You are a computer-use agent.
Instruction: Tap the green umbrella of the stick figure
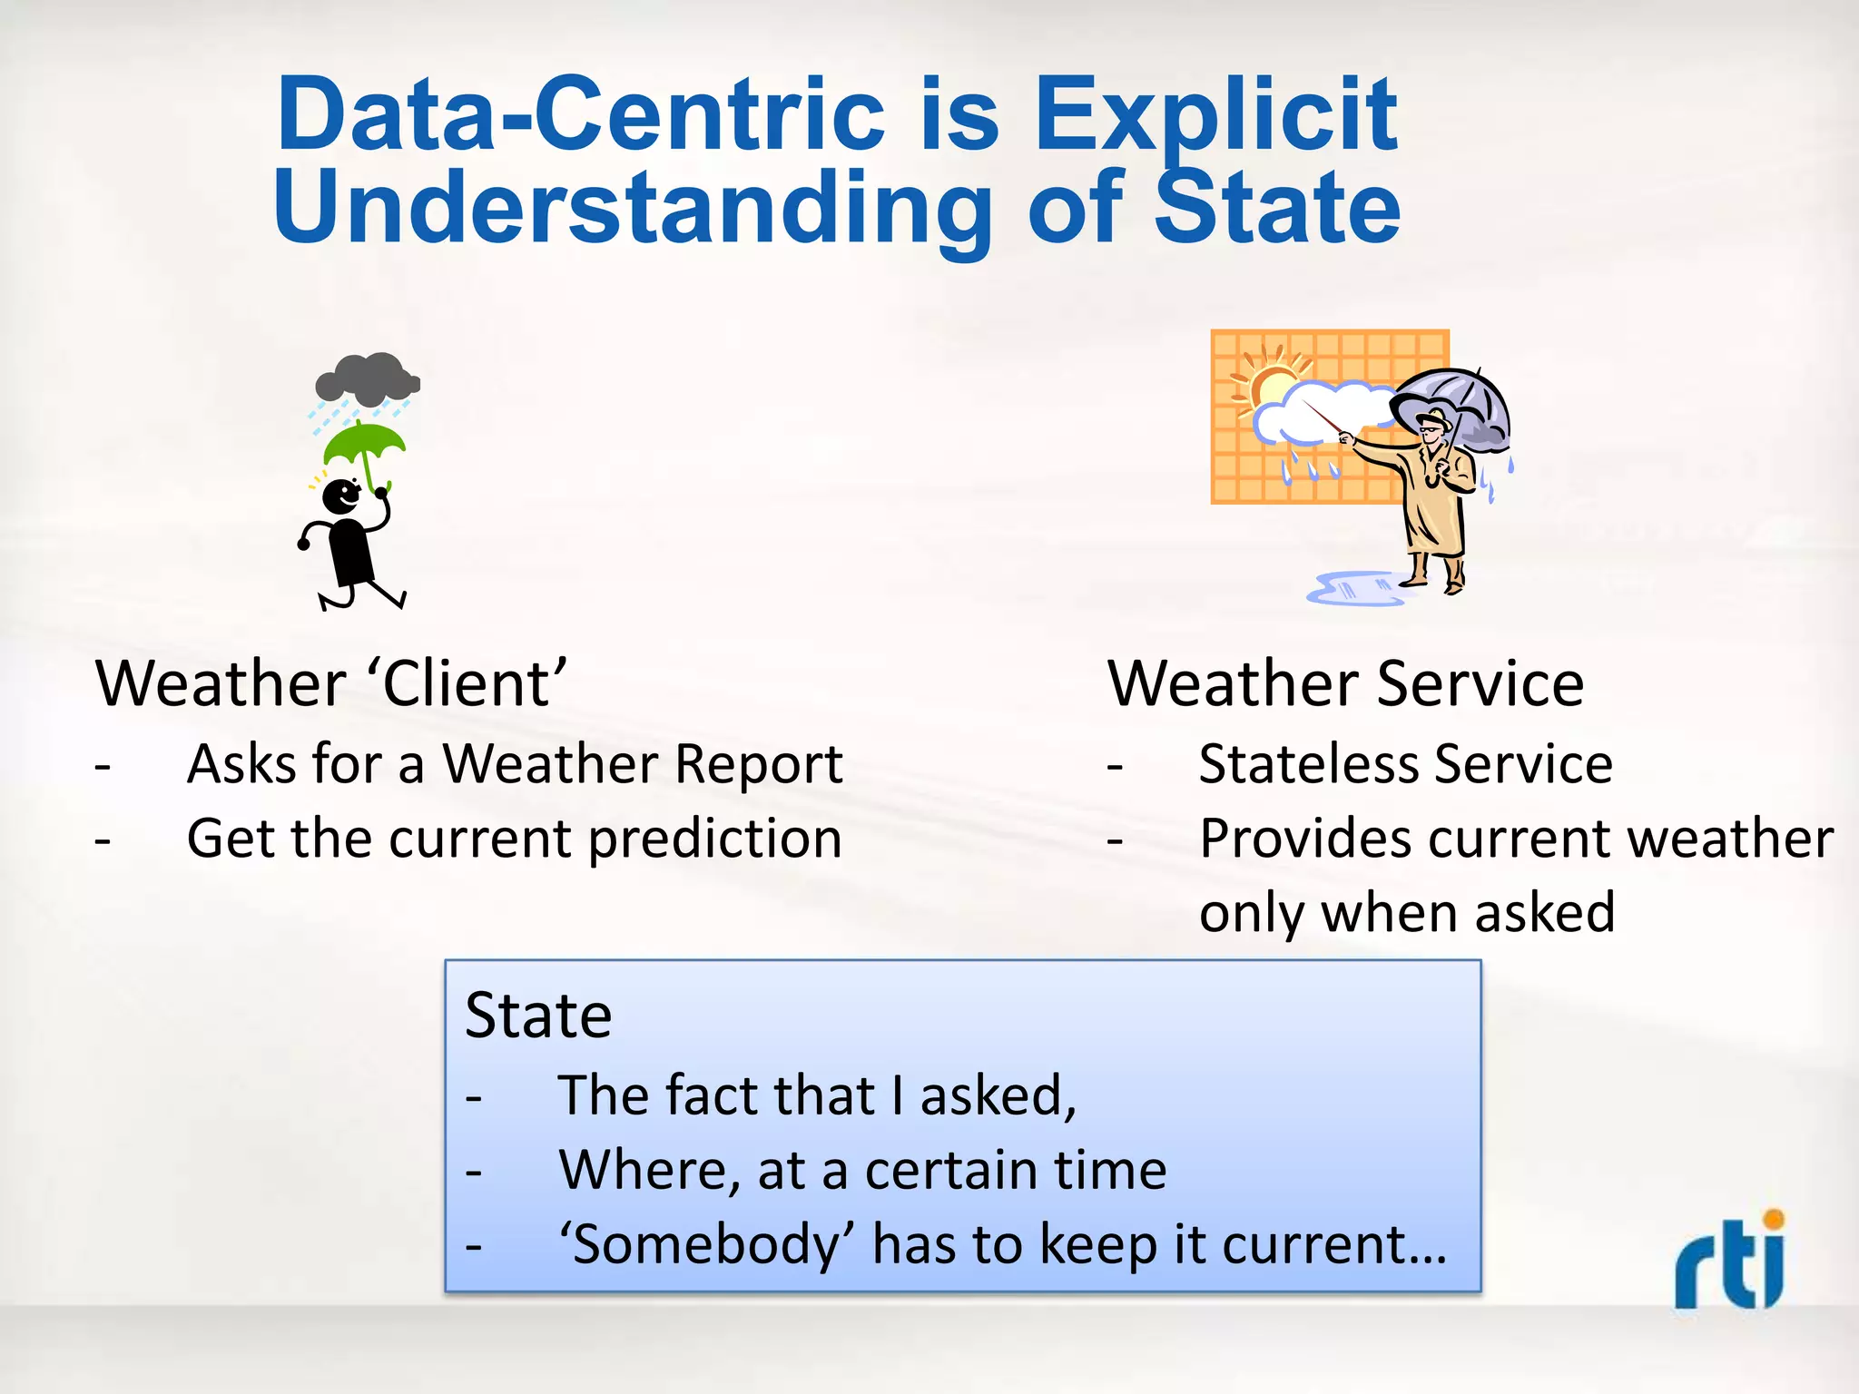(364, 442)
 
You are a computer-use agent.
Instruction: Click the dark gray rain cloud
(367, 378)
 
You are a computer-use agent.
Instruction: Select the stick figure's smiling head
(342, 496)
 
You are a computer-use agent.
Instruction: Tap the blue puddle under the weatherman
(1352, 590)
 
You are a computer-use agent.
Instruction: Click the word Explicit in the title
(1215, 116)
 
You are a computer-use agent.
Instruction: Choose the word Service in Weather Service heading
(1480, 683)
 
